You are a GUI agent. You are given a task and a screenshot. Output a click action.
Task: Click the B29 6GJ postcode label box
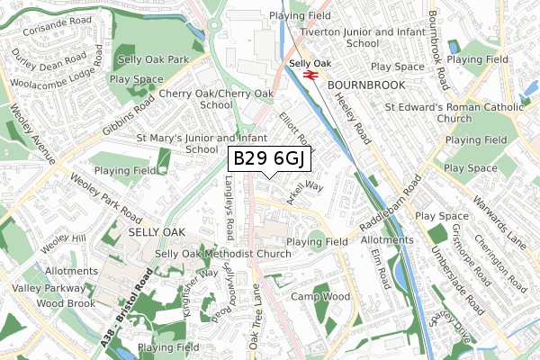tap(270, 159)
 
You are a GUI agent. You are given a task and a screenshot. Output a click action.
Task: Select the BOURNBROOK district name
tap(366, 84)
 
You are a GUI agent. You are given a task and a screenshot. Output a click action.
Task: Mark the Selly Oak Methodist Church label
tap(222, 255)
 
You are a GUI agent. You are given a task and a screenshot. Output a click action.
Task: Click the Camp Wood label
tap(320, 296)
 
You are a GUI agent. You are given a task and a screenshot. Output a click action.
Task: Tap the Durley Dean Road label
tap(49, 65)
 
